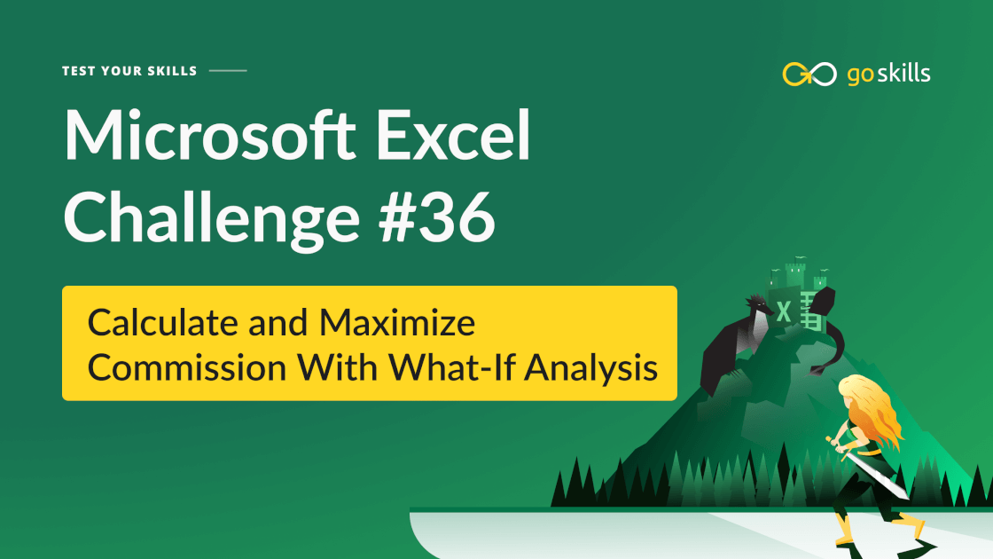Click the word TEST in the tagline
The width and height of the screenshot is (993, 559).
point(78,71)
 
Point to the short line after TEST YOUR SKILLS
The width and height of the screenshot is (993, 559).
point(228,71)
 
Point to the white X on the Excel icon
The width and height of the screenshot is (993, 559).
point(784,311)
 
